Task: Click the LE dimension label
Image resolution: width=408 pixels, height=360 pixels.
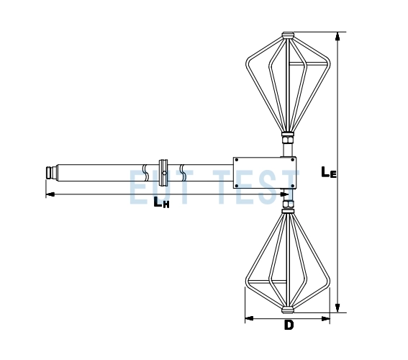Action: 329,172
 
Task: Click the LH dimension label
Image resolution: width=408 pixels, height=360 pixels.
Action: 161,202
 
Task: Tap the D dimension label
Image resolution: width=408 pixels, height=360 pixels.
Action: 289,325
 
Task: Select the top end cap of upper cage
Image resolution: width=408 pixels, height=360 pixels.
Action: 288,35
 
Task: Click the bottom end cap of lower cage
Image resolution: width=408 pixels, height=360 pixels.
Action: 288,310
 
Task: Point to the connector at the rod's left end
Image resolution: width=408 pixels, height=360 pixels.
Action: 51,173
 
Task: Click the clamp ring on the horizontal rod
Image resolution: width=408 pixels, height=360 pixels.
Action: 163,173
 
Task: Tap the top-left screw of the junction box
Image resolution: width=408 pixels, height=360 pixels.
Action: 237,160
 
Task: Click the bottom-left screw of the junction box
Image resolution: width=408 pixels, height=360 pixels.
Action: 237,186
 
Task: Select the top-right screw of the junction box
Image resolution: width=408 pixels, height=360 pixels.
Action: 292,160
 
